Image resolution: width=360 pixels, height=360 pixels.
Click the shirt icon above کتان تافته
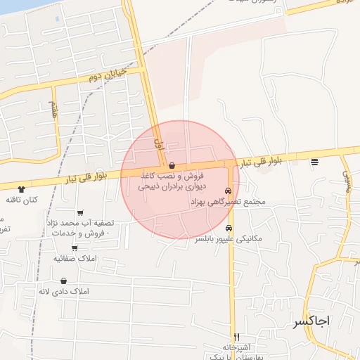point(21,189)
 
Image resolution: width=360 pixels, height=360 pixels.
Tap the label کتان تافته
point(22,200)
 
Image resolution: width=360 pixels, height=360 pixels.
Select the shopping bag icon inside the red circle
point(172,165)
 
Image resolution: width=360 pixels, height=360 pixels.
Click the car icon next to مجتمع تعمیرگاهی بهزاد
point(229,191)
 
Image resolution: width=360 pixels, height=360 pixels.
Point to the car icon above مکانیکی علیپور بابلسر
point(229,228)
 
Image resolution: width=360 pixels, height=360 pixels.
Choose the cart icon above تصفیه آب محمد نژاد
point(81,213)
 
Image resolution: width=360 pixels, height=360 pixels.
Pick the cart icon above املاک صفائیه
point(74,247)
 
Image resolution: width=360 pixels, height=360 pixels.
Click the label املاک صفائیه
point(75,259)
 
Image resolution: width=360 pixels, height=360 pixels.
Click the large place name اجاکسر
point(310,321)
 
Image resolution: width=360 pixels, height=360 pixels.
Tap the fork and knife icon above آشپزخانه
point(236,337)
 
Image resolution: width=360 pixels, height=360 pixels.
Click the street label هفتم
point(53,109)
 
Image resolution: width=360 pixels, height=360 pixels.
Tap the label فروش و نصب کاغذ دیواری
point(170,181)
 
